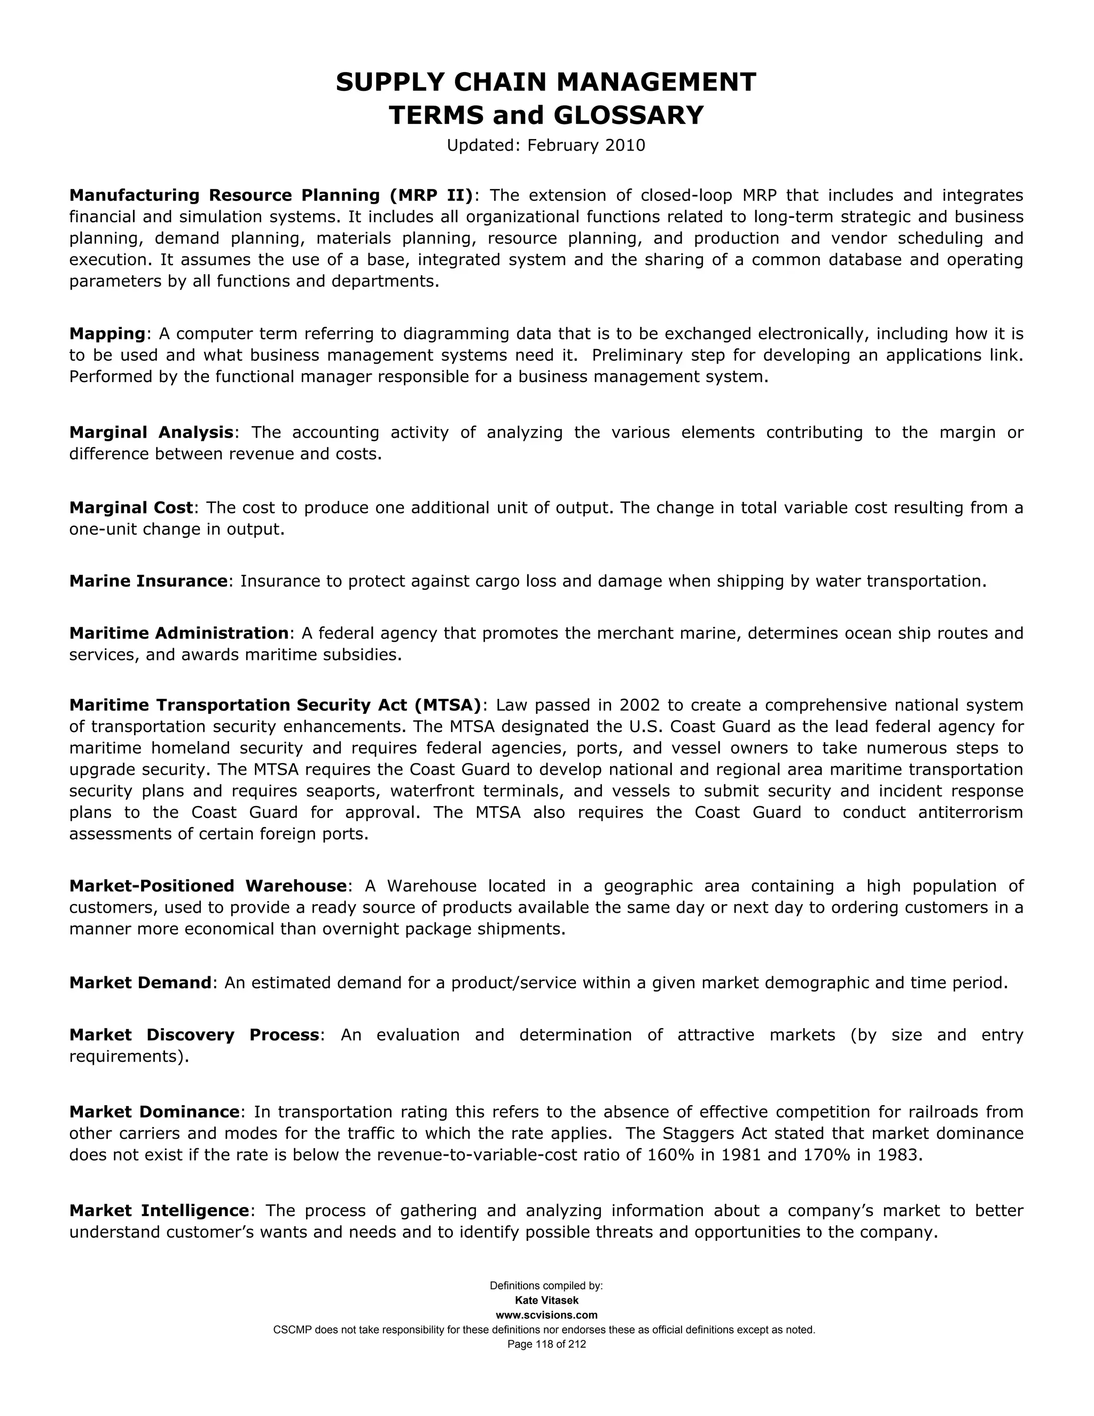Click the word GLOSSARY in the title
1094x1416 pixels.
click(x=627, y=115)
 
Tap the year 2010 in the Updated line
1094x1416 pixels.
click(x=625, y=145)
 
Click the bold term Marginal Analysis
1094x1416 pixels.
click(x=151, y=432)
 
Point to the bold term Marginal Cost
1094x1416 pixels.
click(x=131, y=508)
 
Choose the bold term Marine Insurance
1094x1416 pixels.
click(x=149, y=581)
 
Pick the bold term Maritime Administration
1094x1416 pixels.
click(x=178, y=633)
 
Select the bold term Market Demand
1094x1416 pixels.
click(x=140, y=983)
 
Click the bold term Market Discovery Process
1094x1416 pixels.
click(x=194, y=1035)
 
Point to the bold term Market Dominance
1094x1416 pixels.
click(x=154, y=1112)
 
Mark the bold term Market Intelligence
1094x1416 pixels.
click(x=159, y=1210)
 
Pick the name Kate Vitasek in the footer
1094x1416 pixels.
click(x=546, y=1301)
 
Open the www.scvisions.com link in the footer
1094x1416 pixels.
click(x=546, y=1315)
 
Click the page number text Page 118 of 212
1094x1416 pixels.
click(x=546, y=1344)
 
